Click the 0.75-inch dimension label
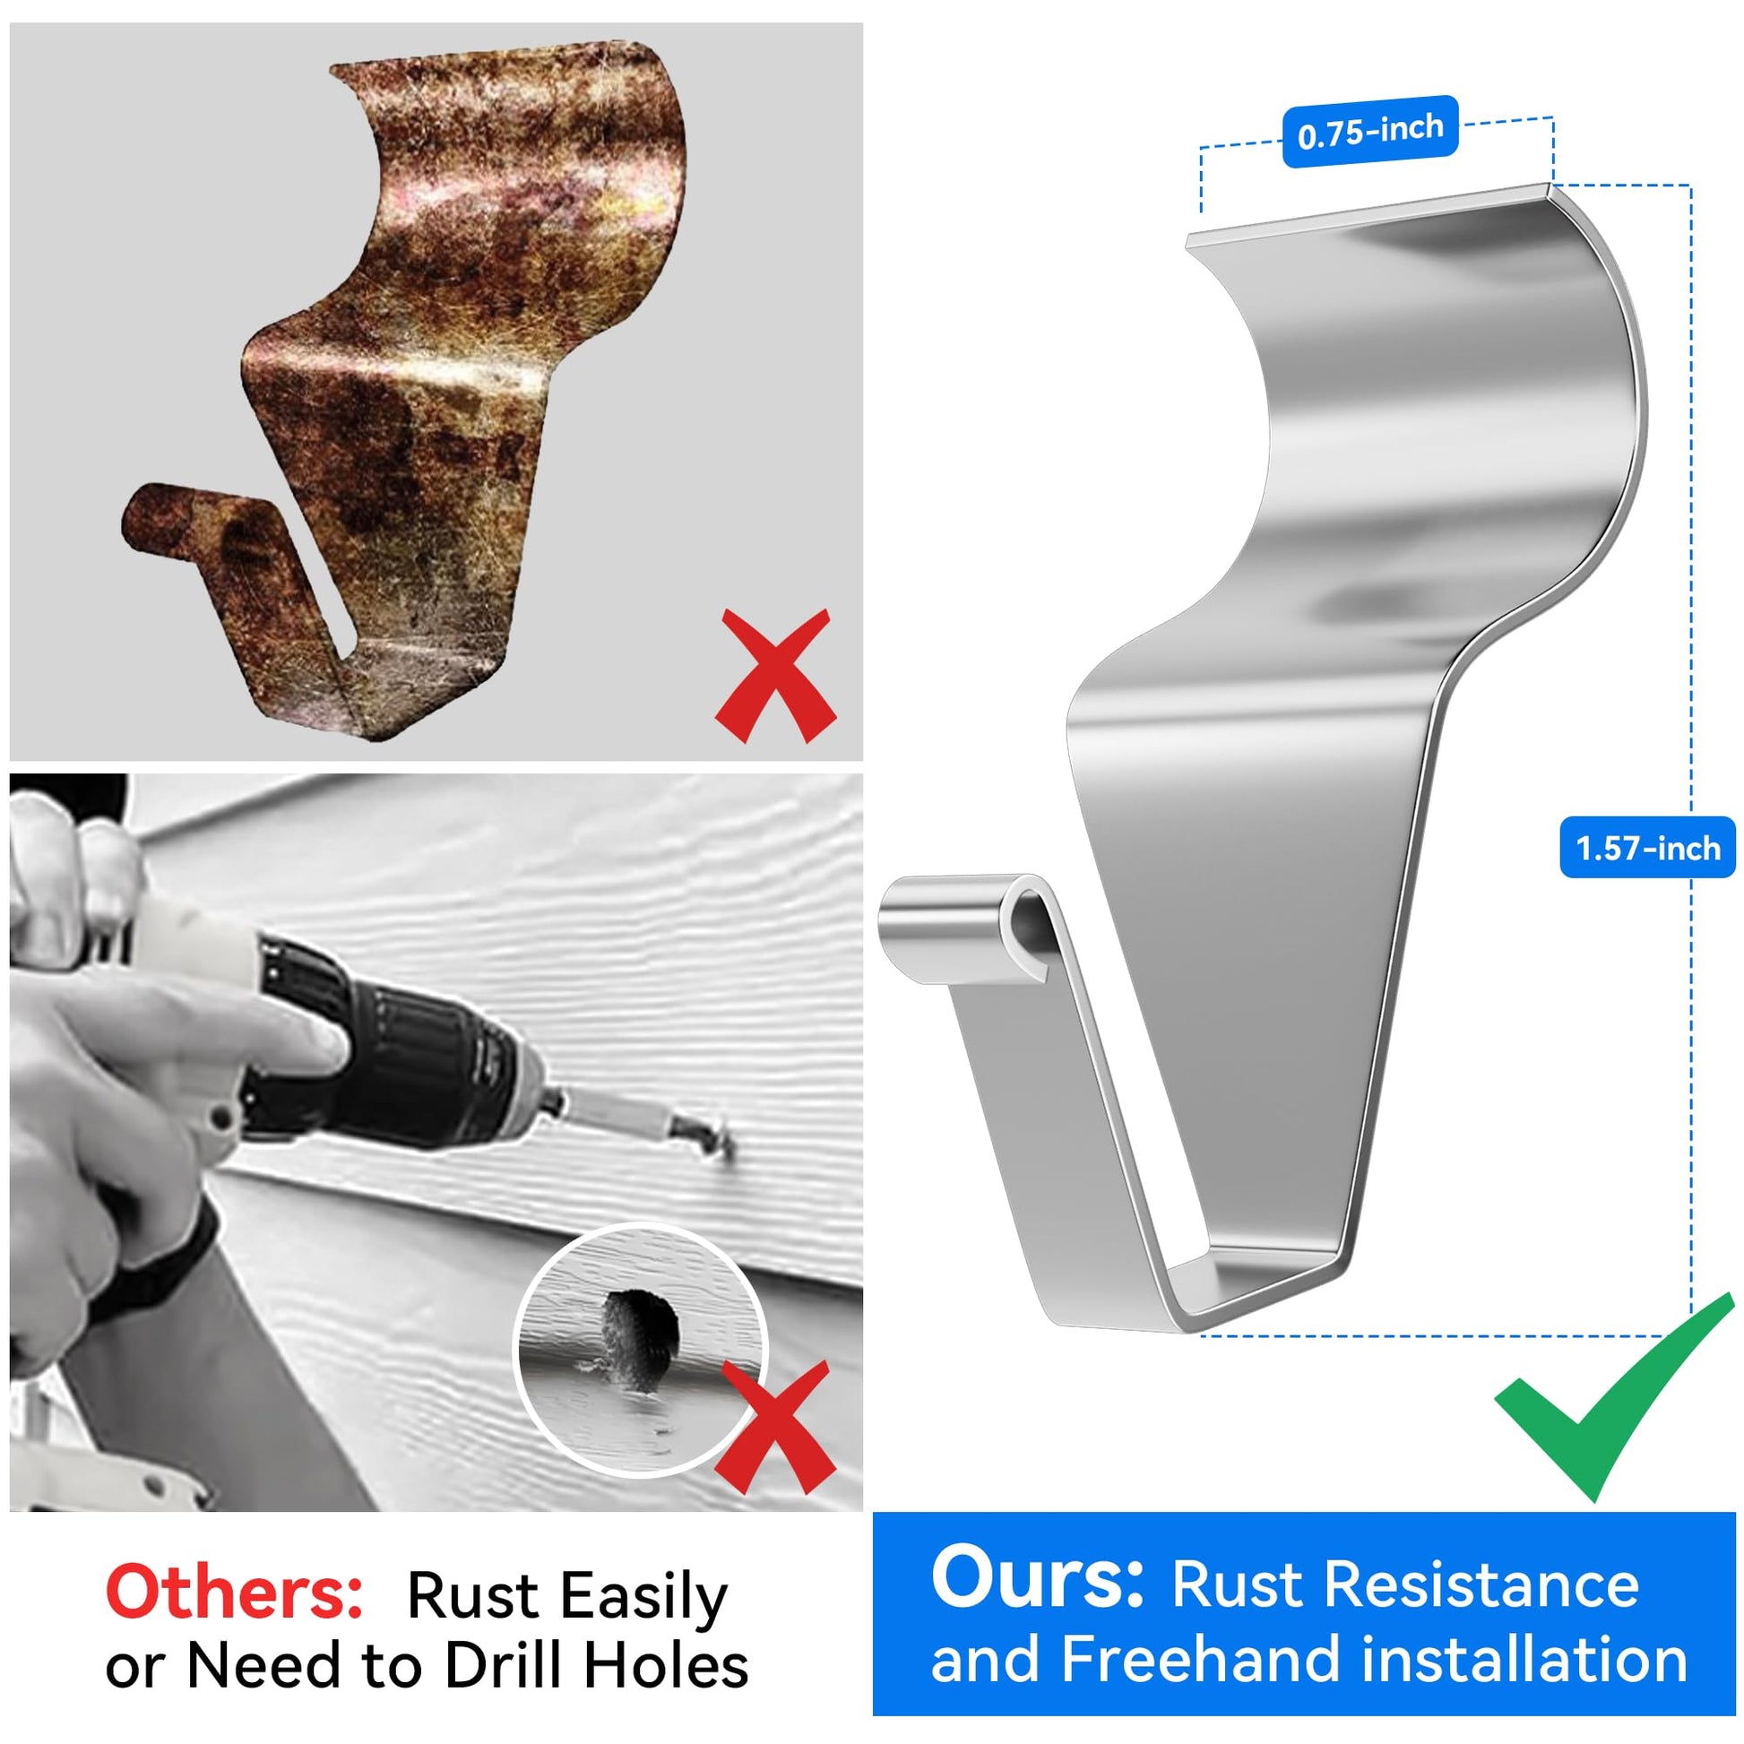click(1370, 132)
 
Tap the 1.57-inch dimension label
click(1647, 848)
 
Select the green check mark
click(1614, 1398)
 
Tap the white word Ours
click(1037, 1578)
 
